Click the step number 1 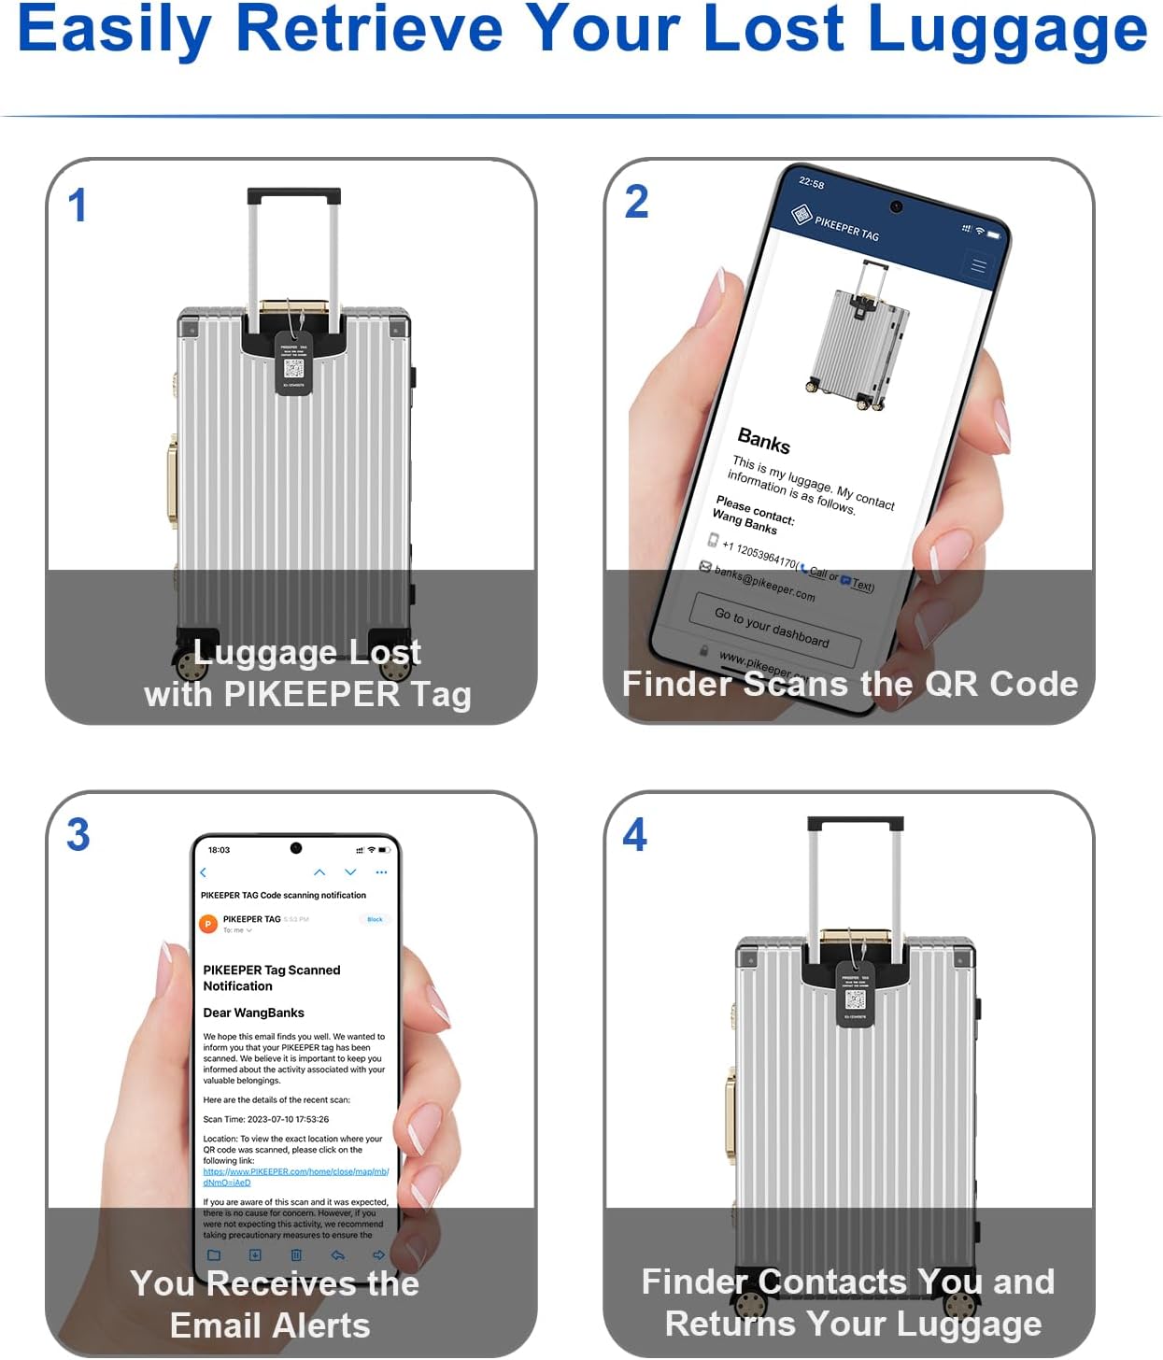pos(78,205)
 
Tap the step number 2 pos(636,202)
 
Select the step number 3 pos(78,835)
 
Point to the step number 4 pos(635,835)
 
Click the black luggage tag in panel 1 pos(293,363)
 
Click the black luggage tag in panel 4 pos(854,995)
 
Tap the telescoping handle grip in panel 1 pos(293,196)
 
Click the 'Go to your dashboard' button pos(773,627)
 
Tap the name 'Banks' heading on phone pos(763,441)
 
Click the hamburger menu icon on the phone pos(978,267)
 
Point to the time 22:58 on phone pos(811,183)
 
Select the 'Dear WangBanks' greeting pos(253,1013)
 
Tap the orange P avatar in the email pos(208,924)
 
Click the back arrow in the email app pos(204,872)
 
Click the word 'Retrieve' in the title pos(369,30)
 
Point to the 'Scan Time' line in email pos(265,1119)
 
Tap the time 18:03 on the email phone pos(219,850)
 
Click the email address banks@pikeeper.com pos(764,583)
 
